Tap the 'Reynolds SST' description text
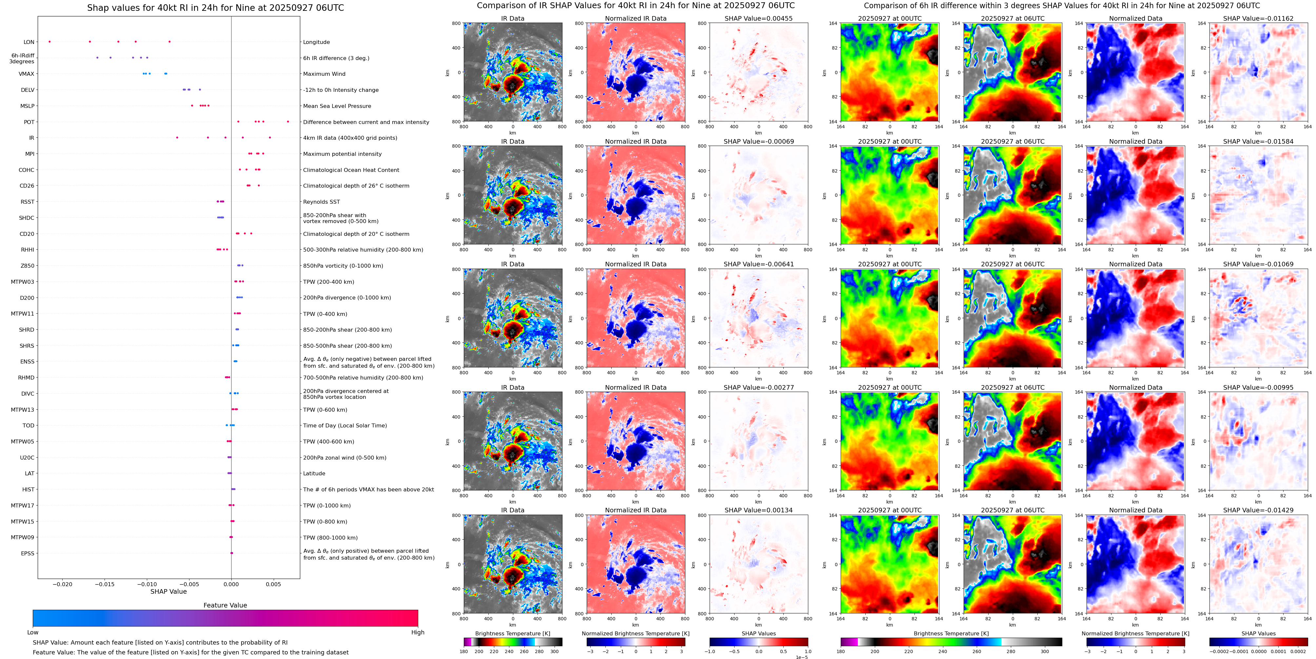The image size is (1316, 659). (321, 202)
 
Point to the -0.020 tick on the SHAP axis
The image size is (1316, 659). (63, 584)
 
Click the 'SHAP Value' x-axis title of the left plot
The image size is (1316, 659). (168, 591)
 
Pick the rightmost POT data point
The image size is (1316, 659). (288, 122)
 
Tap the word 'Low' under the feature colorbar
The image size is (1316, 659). (33, 632)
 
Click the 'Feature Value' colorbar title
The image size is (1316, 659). (225, 605)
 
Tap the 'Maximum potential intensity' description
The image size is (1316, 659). (342, 154)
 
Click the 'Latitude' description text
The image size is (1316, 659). (314, 473)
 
